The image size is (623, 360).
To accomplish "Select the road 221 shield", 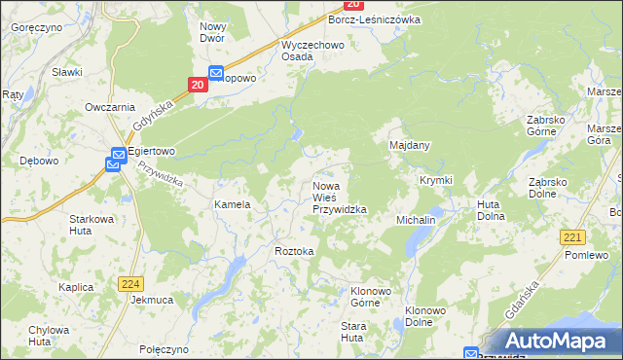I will (573, 237).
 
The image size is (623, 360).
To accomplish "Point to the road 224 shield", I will (131, 283).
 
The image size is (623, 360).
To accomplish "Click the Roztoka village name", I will (294, 251).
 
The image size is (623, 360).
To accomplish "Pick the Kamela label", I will (233, 205).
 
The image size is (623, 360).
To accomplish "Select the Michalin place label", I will (416, 221).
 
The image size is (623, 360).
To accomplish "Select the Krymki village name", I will (435, 181).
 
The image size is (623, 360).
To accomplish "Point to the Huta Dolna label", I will (490, 210).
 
